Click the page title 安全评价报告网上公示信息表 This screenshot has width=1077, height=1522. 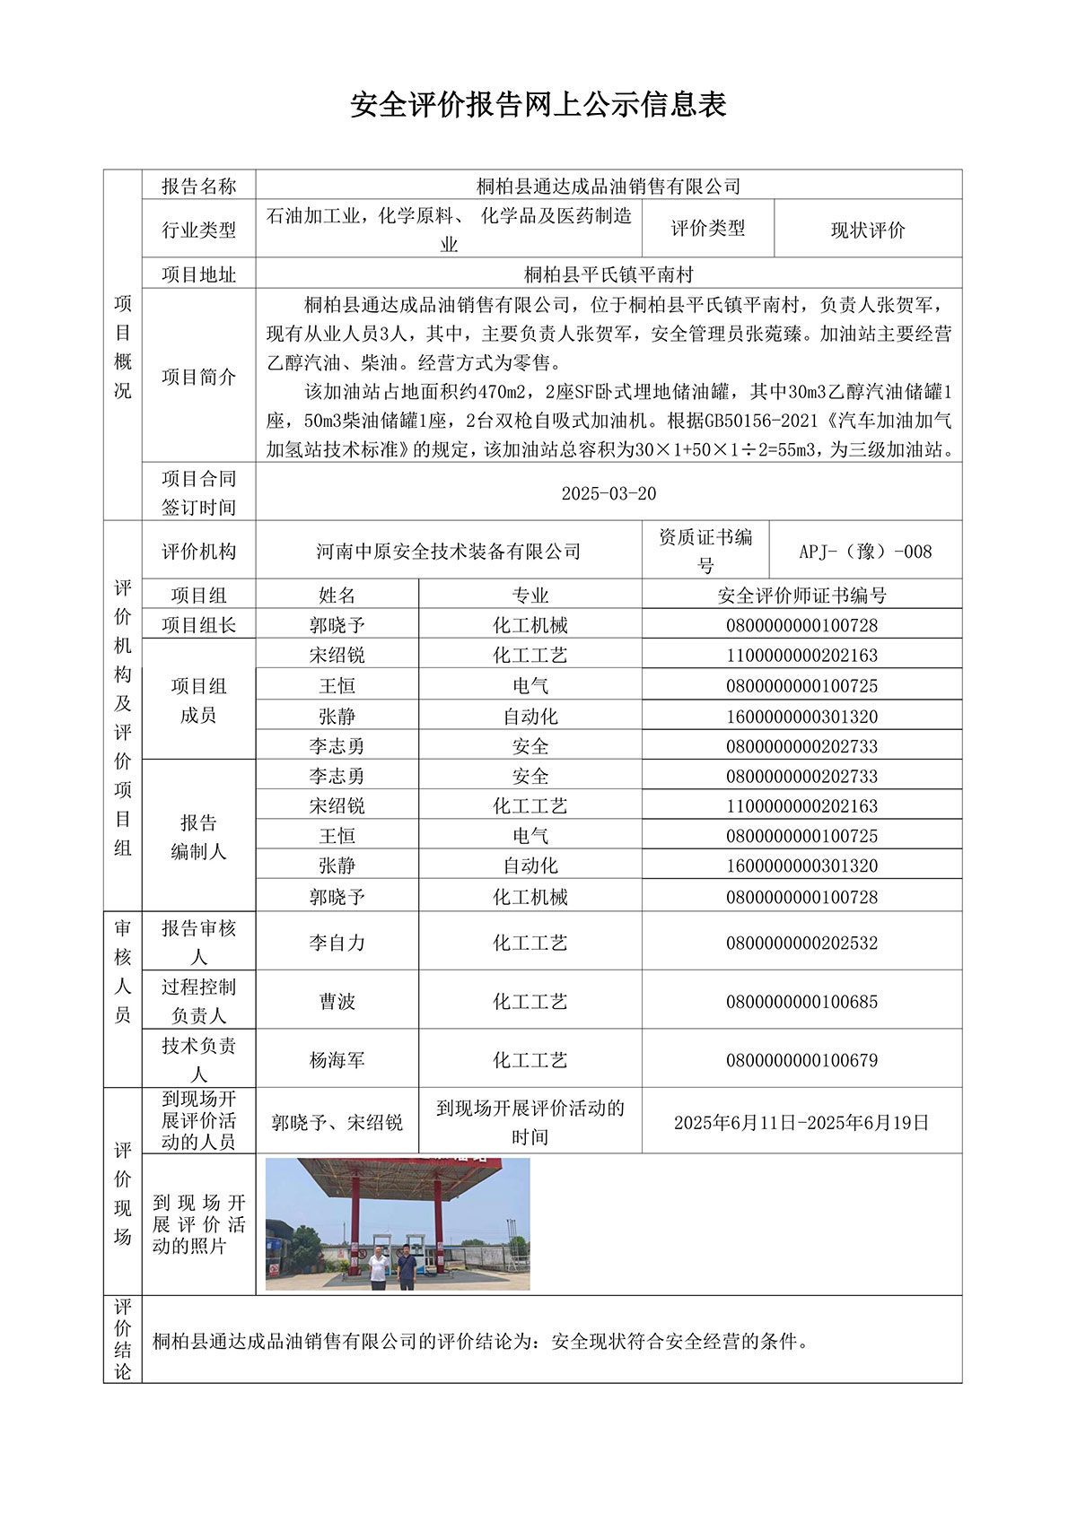tap(538, 105)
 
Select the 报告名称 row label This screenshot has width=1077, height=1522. tap(198, 186)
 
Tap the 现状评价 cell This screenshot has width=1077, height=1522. tap(867, 230)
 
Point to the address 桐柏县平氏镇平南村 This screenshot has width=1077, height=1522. tap(609, 274)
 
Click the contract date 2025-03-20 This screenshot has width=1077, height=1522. tap(609, 493)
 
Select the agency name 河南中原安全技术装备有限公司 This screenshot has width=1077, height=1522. tap(448, 551)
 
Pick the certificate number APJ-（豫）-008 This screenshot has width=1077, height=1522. tap(865, 551)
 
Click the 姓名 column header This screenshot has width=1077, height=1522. tap(337, 595)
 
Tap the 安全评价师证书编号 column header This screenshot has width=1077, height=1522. tap(801, 595)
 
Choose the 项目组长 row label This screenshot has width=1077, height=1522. tap(198, 624)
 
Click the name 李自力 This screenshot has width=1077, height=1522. tap(337, 943)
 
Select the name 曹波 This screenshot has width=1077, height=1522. tap(337, 1001)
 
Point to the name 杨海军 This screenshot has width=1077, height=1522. tap(337, 1060)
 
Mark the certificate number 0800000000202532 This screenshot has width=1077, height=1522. tap(801, 943)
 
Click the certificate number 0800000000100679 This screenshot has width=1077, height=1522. tap(801, 1060)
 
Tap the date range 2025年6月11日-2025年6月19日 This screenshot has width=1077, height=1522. tap(801, 1122)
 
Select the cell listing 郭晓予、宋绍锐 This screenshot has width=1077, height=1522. tap(337, 1122)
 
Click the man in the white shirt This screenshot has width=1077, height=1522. tap(379, 1266)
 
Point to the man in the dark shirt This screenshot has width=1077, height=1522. tap(407, 1265)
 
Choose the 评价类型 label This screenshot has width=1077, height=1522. tap(707, 229)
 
